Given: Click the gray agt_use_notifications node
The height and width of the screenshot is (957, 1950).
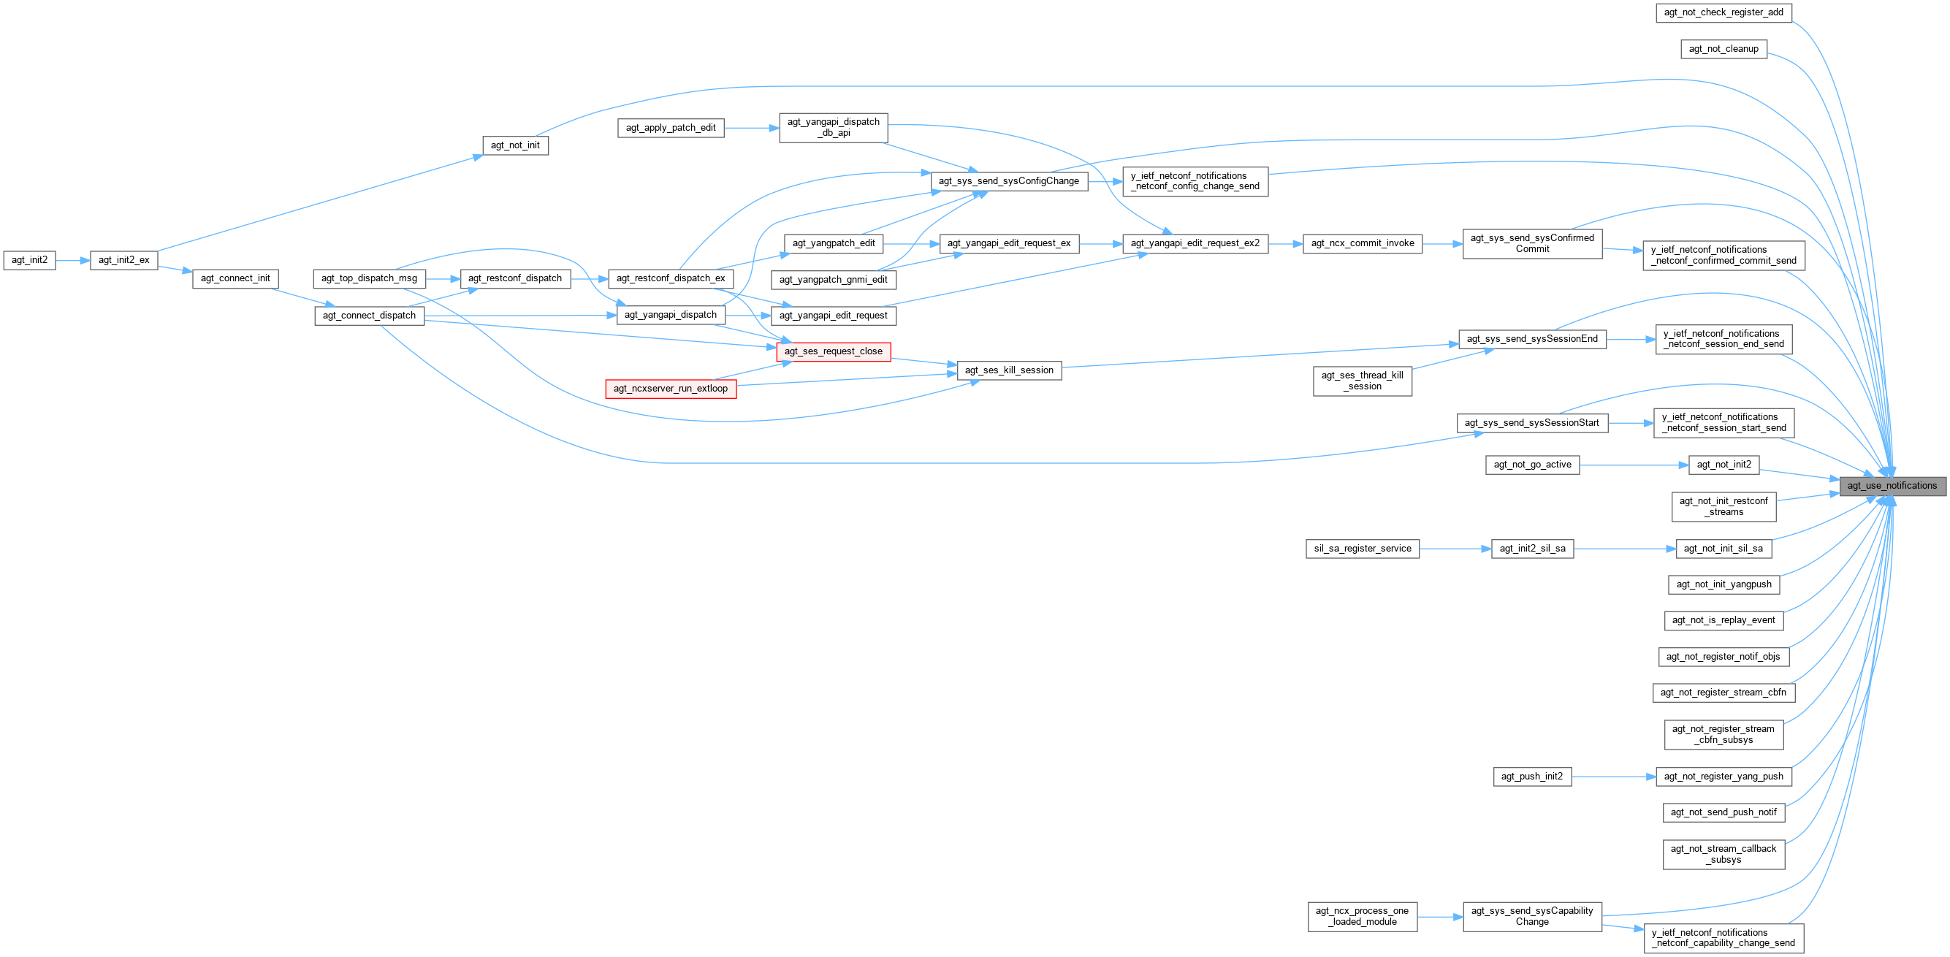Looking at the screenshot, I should (1891, 486).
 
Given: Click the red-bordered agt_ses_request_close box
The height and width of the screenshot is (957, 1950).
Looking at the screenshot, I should (833, 351).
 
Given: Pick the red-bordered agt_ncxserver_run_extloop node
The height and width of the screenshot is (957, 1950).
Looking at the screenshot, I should (670, 389).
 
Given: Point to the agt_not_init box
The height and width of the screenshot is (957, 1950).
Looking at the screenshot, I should (515, 145).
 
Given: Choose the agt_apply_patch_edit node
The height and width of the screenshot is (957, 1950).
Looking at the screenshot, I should (670, 128).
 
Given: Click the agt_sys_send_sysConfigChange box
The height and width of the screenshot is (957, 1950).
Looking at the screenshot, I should (1008, 181).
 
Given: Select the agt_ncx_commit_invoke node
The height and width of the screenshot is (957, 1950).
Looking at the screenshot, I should (1362, 243).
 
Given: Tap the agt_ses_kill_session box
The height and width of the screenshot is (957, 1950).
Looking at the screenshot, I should (1008, 370).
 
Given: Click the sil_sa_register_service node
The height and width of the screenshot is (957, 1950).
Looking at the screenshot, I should (1362, 549).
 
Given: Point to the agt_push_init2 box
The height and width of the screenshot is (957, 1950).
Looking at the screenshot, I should (1531, 777).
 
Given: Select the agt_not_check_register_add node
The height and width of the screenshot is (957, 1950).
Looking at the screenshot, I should (1723, 12).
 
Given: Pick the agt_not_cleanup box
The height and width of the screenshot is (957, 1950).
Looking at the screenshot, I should (1723, 49).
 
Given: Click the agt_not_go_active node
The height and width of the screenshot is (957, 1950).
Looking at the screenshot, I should (1531, 465).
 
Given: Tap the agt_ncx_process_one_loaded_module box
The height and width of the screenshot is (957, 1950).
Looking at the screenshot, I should (1362, 916).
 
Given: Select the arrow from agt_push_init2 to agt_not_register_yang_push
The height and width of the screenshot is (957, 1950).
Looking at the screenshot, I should (1613, 777).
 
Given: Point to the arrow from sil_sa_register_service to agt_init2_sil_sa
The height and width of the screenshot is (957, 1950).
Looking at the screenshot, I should (1454, 549).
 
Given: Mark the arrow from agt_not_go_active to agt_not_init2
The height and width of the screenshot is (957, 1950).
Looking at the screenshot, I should (1634, 465).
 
